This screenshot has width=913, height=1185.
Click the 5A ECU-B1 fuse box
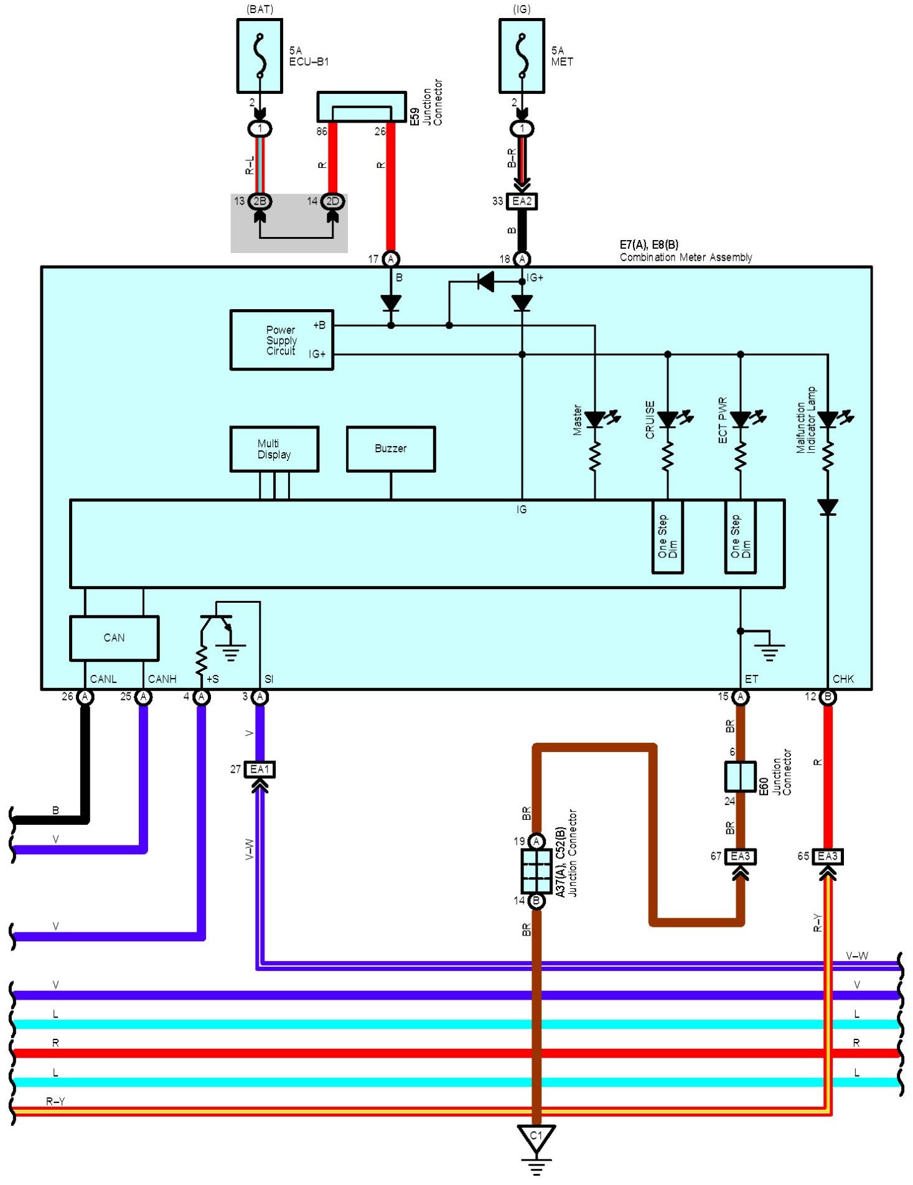click(x=260, y=56)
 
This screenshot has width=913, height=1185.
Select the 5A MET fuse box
click(x=522, y=56)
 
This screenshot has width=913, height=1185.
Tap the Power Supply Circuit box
click(x=282, y=340)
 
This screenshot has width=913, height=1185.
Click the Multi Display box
click(x=274, y=449)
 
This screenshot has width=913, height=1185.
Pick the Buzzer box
click(x=391, y=449)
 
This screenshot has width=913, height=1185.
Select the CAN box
click(x=115, y=638)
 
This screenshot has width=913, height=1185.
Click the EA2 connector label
click(x=522, y=202)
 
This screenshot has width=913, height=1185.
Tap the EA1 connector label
click(x=260, y=769)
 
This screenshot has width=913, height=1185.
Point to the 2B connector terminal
click(x=260, y=201)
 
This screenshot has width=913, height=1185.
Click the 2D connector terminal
click(x=333, y=201)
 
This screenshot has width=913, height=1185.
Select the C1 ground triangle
click(x=536, y=1138)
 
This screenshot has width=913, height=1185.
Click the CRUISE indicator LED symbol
click(x=668, y=420)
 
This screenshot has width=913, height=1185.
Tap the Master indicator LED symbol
click(x=596, y=420)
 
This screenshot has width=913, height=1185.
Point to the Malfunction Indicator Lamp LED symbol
click(x=828, y=420)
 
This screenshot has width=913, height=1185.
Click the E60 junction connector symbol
click(x=741, y=776)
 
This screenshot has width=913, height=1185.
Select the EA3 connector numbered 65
click(x=828, y=857)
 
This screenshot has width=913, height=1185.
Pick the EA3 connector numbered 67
click(x=741, y=857)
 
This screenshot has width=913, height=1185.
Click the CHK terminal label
click(x=843, y=679)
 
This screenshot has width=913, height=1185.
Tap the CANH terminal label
click(x=162, y=679)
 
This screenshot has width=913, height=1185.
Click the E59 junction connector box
click(x=362, y=107)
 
